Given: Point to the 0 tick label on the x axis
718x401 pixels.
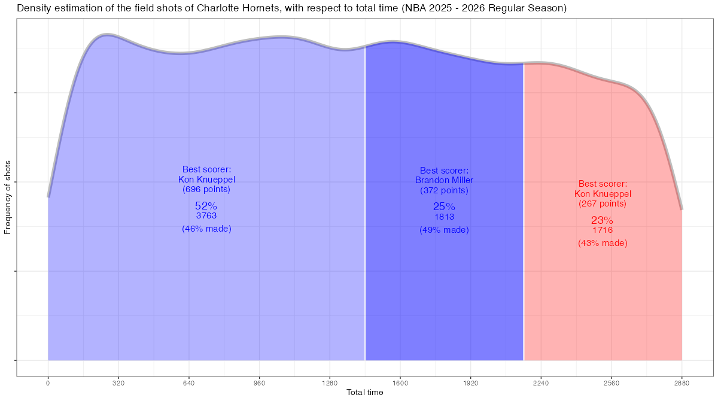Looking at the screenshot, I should coord(48,382).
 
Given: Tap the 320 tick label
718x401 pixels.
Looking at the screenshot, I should coord(118,382).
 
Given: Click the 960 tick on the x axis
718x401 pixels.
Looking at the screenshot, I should coord(259,382).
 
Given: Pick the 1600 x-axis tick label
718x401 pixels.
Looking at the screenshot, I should coord(400,382).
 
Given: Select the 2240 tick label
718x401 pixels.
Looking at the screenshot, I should coord(541,382).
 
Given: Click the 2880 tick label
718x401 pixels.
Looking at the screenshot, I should coord(682,382).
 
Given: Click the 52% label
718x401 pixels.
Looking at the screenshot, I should coord(206,206).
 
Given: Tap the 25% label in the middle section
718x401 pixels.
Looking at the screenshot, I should coord(444,206).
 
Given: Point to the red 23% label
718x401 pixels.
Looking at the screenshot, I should coord(603,220).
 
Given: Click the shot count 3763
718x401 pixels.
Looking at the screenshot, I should coord(206,216).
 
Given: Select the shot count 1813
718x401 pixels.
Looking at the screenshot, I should coord(444,217).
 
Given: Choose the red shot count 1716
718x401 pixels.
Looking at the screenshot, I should coord(603,230).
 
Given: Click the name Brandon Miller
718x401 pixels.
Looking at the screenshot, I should coord(444,180).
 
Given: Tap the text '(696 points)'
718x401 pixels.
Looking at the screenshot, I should coord(206,189).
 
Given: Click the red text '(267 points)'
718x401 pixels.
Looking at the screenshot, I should coord(603,203).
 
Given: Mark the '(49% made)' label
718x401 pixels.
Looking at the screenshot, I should coord(444,230).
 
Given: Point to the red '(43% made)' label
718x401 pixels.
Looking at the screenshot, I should coord(603,244).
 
